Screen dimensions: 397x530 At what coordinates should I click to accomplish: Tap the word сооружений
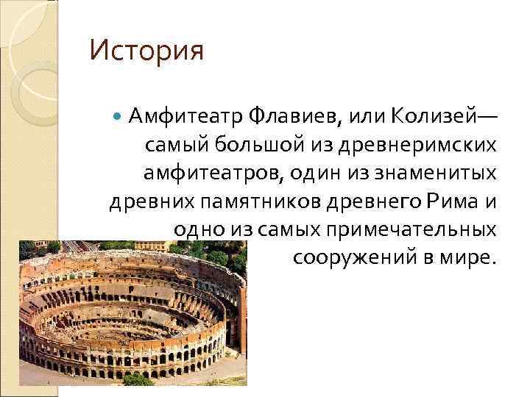tap(347, 259)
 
